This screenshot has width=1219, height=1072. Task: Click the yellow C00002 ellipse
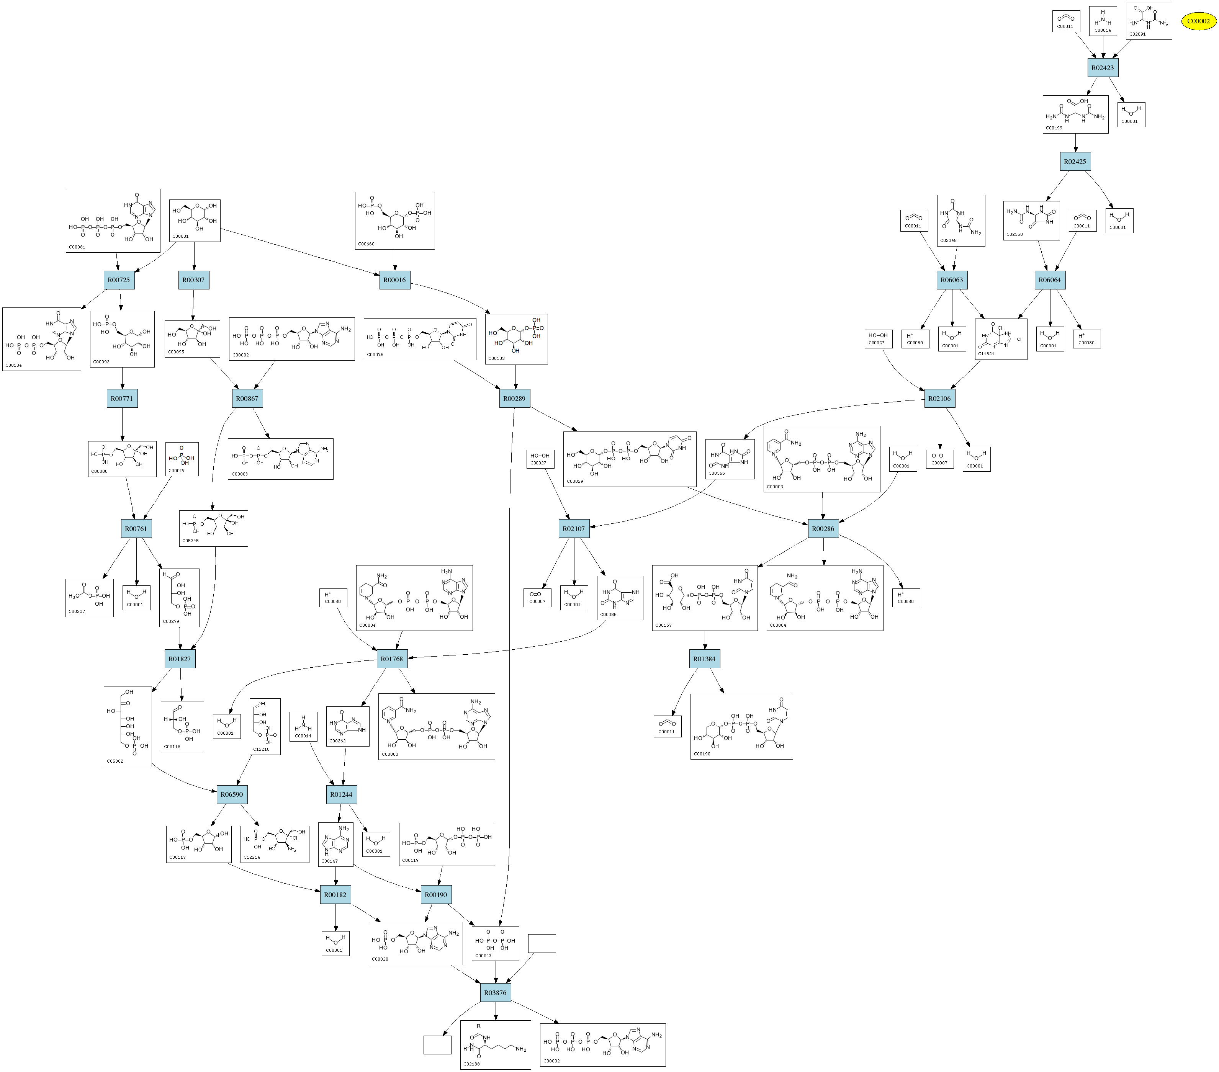1198,21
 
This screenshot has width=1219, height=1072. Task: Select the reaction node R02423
1102,67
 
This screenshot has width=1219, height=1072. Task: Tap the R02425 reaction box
1075,162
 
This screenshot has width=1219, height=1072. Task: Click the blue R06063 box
951,279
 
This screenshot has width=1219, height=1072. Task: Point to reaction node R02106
939,398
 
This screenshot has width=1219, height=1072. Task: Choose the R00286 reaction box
823,528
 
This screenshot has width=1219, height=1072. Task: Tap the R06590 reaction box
231,794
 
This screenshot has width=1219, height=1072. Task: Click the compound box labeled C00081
113,221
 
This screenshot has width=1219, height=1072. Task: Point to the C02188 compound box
495,1044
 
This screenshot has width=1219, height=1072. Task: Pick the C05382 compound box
128,726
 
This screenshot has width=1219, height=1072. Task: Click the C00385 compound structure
620,597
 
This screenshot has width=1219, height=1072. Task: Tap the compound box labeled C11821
1001,339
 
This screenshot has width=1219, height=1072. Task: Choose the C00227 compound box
90,597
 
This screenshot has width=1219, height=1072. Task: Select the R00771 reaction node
122,398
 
